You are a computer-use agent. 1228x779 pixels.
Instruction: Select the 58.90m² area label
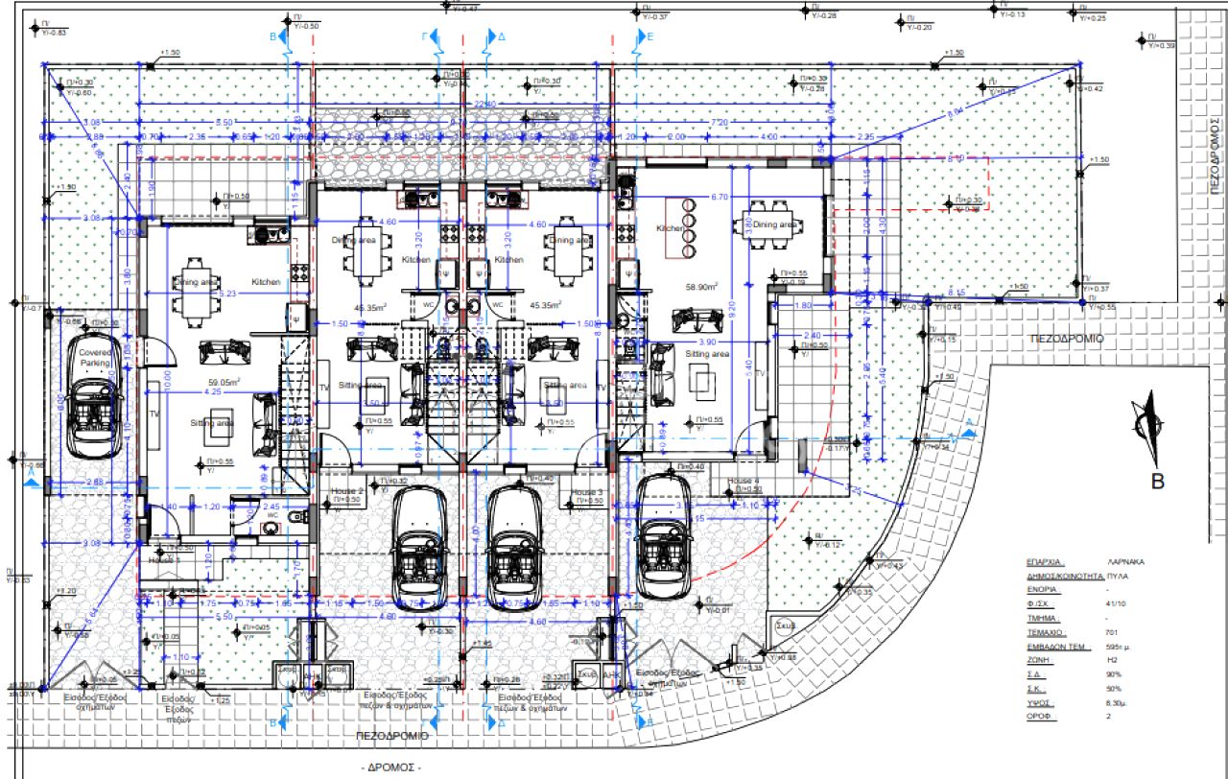(702, 287)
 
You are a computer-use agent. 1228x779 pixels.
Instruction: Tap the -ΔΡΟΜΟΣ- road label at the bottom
(390, 767)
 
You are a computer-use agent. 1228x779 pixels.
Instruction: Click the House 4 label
(743, 480)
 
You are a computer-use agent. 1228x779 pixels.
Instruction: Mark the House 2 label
(347, 490)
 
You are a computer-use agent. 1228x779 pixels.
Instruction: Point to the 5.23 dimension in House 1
(227, 294)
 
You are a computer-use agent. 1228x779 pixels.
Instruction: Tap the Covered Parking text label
(96, 358)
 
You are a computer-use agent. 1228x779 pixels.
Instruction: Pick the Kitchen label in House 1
(266, 282)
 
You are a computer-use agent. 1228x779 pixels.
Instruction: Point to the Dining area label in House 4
(775, 224)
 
